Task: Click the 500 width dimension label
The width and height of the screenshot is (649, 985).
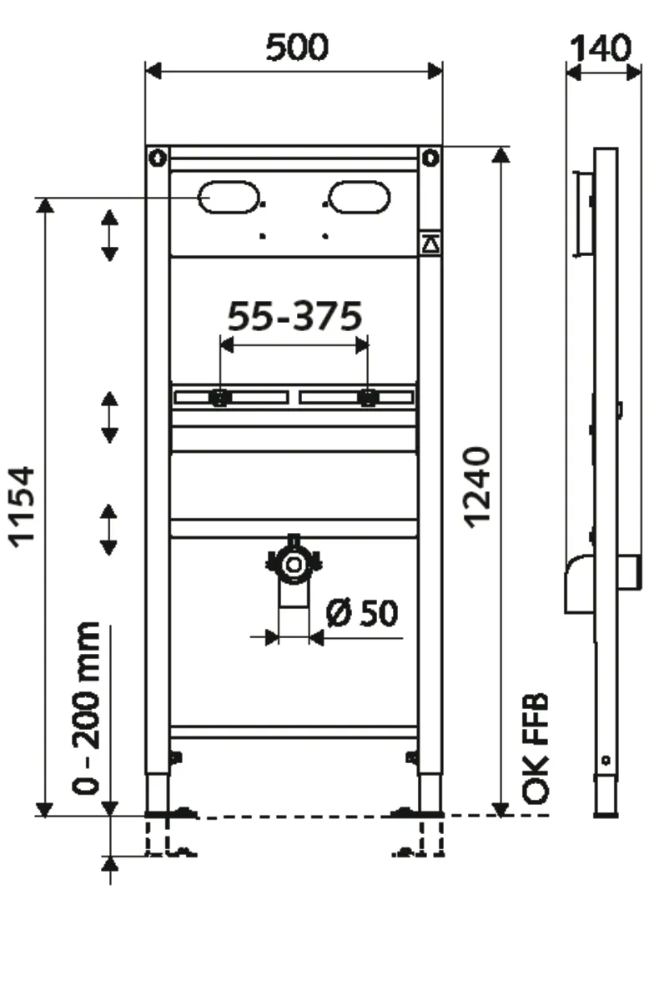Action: (297, 48)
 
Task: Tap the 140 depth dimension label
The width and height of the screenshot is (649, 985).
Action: (599, 48)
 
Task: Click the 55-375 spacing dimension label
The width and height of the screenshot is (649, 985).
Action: (295, 317)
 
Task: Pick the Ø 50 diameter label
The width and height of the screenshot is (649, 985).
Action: (363, 614)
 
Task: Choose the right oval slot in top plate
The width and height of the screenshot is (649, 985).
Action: (359, 198)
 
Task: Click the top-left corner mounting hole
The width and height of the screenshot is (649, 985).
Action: (157, 157)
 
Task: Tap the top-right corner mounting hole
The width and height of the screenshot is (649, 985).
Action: (430, 157)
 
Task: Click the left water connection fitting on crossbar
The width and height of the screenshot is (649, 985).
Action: (220, 398)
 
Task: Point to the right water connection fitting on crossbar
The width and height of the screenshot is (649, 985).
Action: (366, 398)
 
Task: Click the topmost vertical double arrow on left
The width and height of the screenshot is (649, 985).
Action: (109, 235)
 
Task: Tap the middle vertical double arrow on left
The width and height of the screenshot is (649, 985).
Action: (109, 417)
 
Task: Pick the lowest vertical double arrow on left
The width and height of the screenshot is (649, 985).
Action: (109, 530)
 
